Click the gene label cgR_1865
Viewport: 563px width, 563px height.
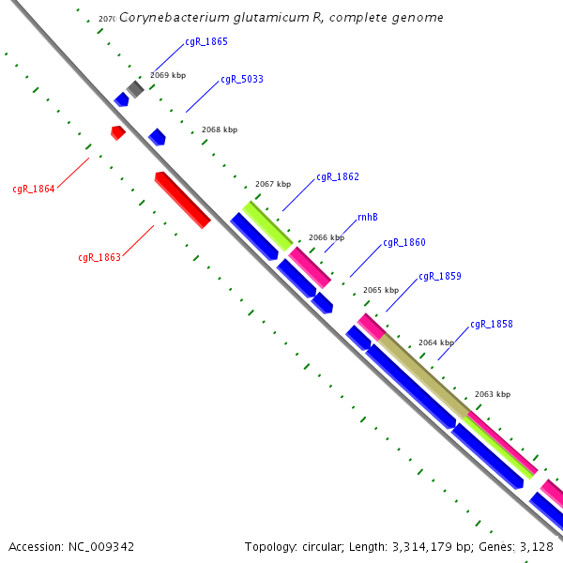click(205, 42)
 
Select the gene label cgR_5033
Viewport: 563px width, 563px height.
click(241, 80)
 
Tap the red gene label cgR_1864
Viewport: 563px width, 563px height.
click(34, 190)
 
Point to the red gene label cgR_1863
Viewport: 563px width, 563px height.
click(99, 257)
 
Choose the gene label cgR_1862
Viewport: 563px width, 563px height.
click(338, 177)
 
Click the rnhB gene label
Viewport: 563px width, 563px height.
click(368, 218)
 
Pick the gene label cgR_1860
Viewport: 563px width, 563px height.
click(404, 243)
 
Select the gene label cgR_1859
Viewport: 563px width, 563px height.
click(440, 277)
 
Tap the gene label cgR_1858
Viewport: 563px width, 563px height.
click(492, 325)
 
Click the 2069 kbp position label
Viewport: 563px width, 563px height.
click(167, 74)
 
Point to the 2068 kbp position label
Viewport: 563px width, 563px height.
click(220, 130)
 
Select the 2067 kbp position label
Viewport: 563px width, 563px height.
click(273, 185)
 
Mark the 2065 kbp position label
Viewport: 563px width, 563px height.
click(381, 291)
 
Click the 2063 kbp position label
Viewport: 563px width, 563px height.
click(493, 395)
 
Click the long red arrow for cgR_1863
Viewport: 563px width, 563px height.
click(182, 200)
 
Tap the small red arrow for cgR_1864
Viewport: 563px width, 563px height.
click(117, 132)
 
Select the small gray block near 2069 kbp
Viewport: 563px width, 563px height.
click(135, 89)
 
